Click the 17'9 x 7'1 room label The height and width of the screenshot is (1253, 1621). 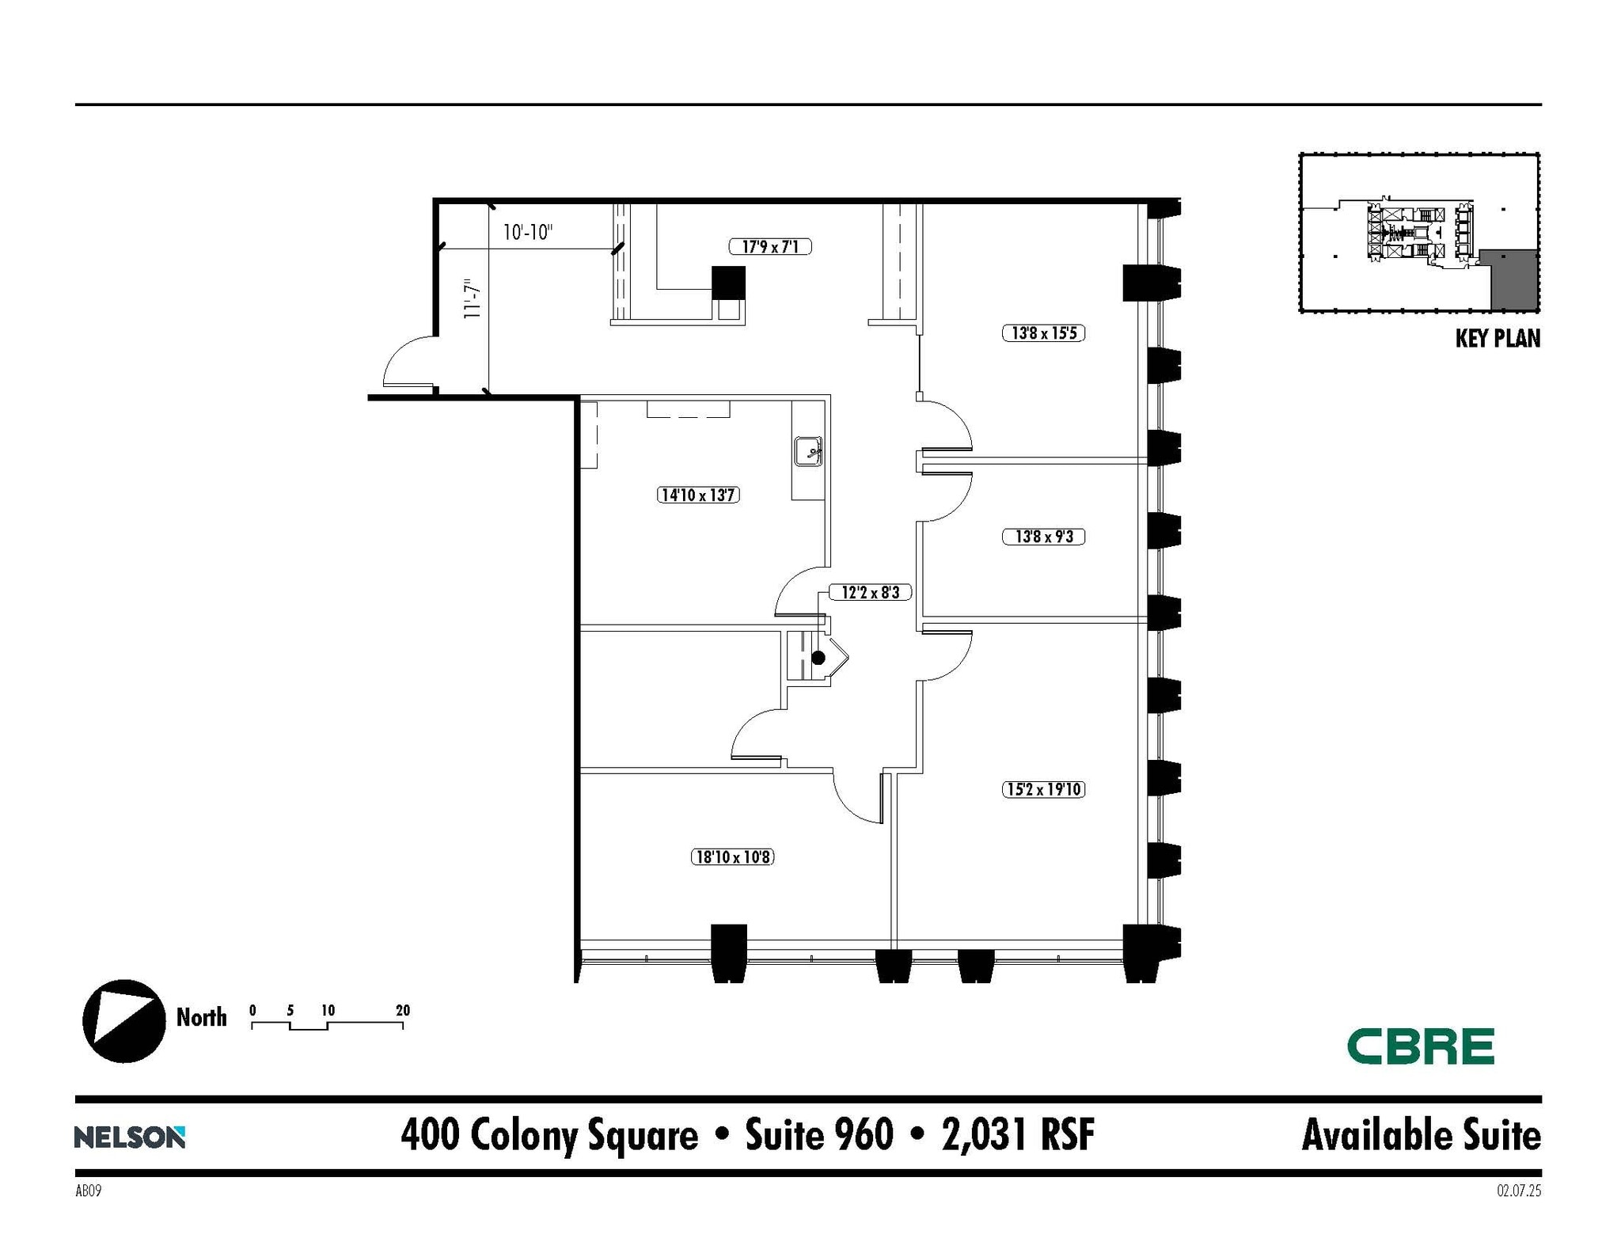[769, 247]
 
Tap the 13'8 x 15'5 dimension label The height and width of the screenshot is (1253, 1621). [1043, 333]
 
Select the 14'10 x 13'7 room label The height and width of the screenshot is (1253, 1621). [698, 496]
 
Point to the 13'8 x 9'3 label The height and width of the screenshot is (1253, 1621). [1043, 537]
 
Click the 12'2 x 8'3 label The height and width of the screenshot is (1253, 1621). [870, 592]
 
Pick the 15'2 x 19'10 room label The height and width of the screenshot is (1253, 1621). [1043, 789]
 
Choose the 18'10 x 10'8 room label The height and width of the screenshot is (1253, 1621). [732, 856]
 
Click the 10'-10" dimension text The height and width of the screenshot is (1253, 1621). [527, 233]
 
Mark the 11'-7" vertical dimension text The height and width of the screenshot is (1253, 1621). [473, 298]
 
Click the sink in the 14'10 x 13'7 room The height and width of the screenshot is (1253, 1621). [808, 451]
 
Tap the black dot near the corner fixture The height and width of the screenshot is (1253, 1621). [818, 658]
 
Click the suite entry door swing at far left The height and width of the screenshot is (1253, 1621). [408, 363]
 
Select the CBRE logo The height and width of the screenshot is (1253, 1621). [1420, 1046]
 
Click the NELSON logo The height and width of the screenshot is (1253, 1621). [130, 1137]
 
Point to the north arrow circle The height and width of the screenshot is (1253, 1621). [124, 1021]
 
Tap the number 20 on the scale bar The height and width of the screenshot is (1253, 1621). [403, 1010]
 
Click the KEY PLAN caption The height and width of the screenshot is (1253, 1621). [1498, 339]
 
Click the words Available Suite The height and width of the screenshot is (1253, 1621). [1421, 1135]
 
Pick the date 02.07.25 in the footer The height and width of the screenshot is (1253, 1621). [1518, 1190]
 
